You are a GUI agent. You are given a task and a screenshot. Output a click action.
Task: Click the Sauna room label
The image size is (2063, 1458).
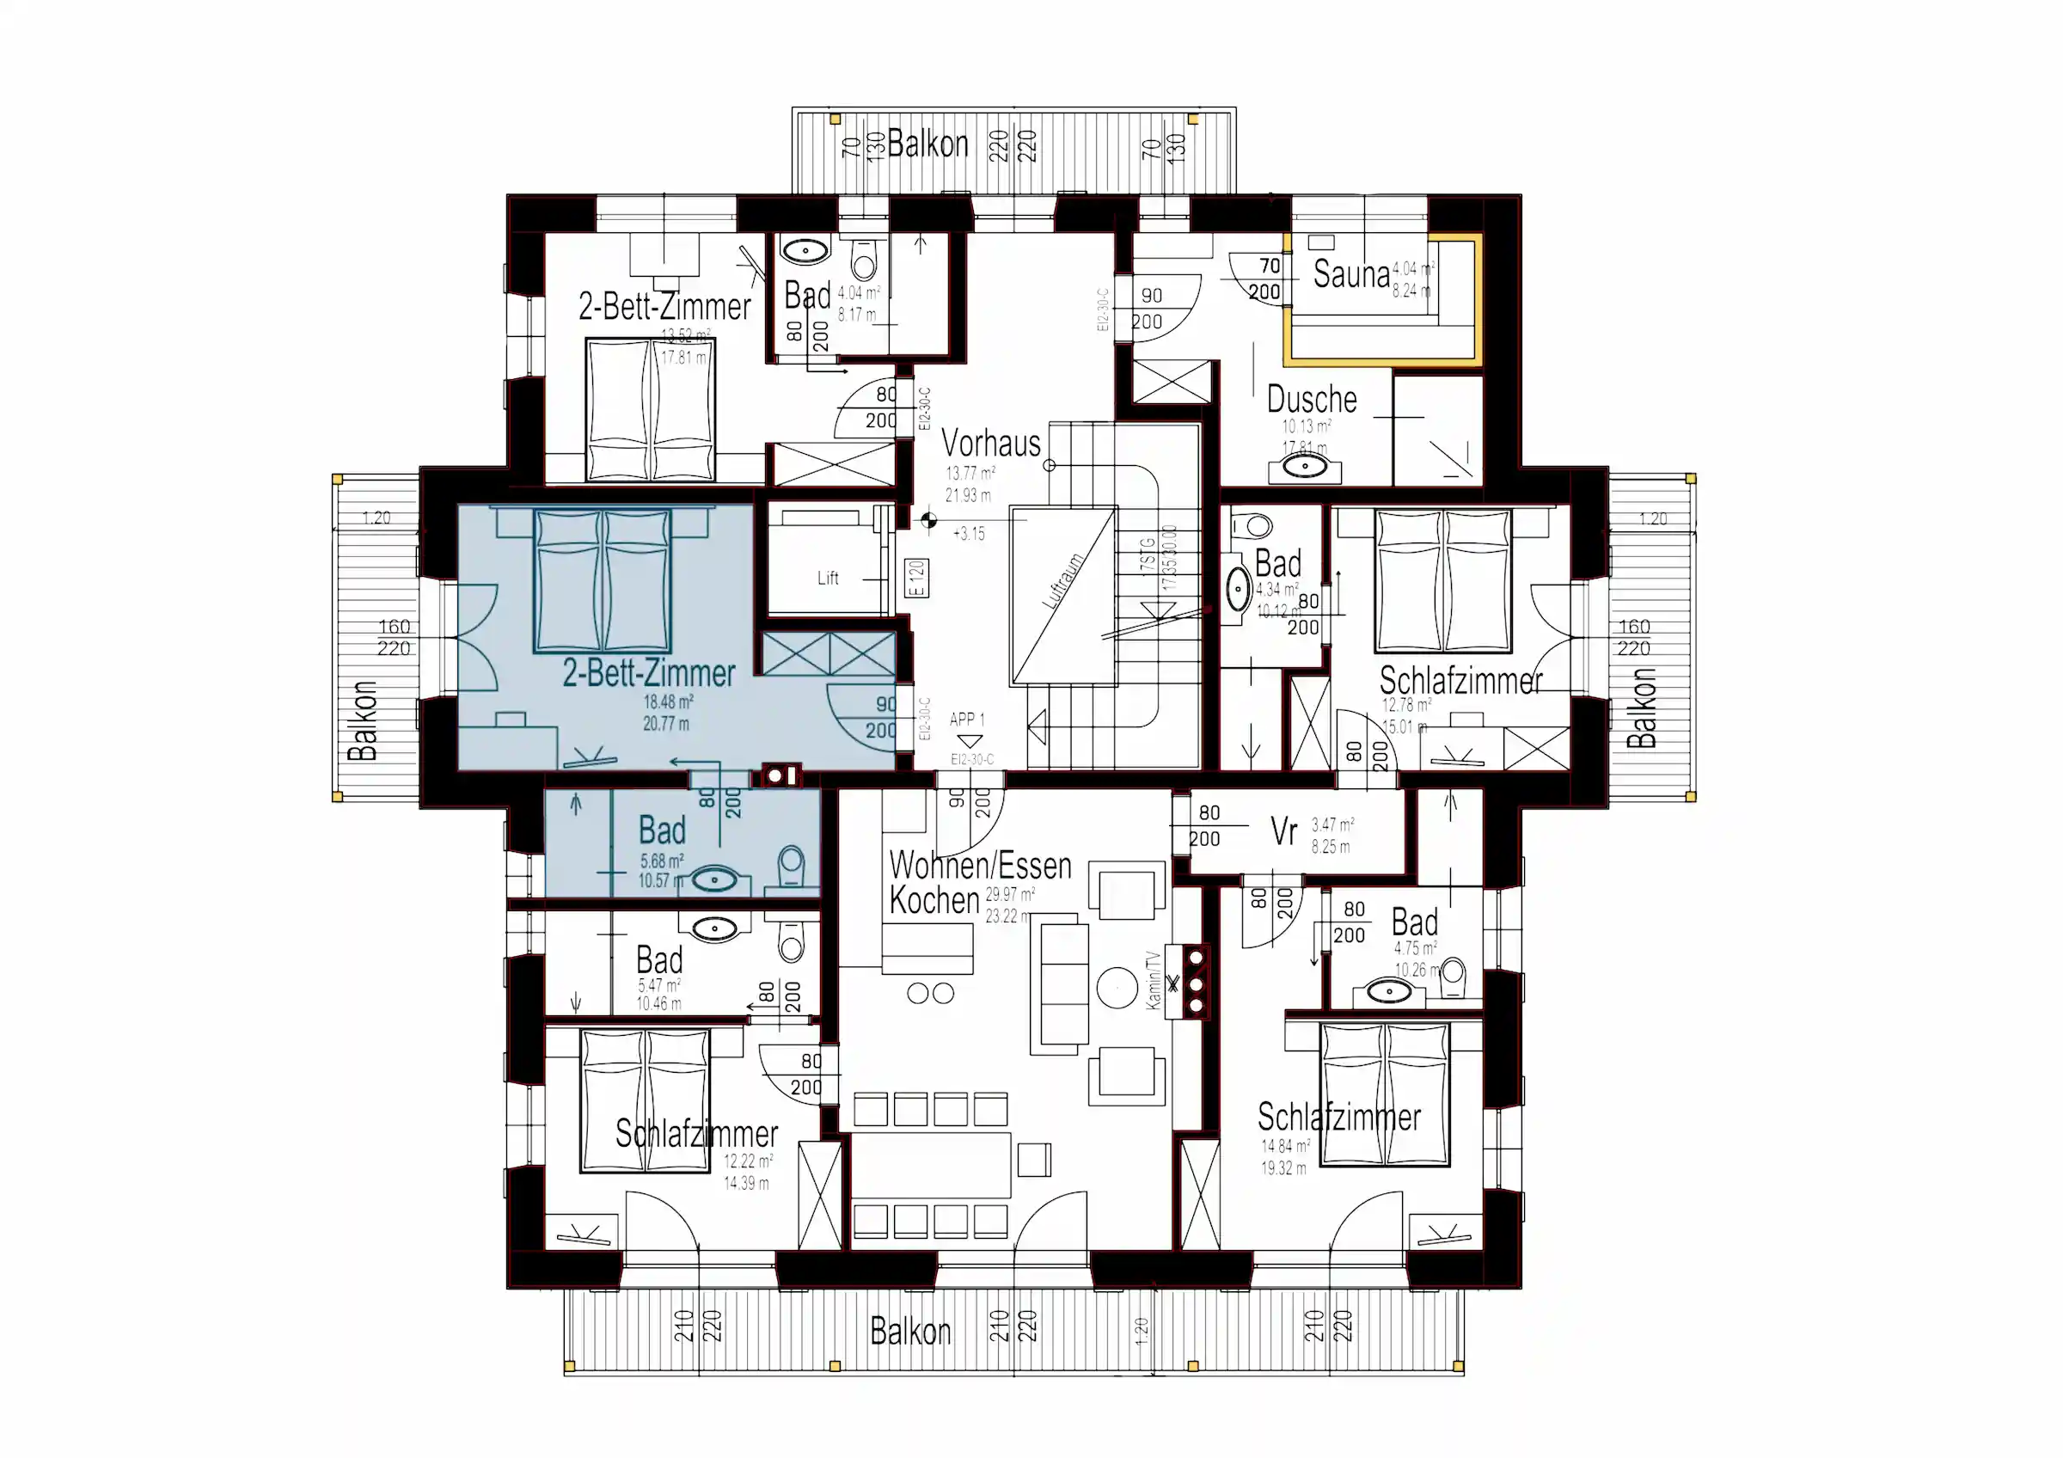point(1350,274)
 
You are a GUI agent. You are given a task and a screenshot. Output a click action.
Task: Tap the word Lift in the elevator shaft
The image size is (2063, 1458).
point(828,578)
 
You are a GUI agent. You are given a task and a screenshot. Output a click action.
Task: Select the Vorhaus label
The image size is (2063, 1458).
point(990,443)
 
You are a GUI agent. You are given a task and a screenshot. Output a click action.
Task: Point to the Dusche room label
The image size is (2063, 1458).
point(1311,398)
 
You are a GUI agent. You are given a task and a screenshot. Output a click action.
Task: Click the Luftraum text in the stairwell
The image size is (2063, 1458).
point(1063,581)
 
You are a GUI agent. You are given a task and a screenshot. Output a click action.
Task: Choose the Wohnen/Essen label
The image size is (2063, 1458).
point(979,865)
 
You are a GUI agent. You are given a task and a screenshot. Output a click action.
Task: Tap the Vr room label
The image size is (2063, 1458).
point(1283,832)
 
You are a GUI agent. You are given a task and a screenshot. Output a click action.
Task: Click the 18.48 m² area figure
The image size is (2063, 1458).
point(668,701)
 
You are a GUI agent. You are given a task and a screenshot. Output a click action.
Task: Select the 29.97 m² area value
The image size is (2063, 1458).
point(1009,894)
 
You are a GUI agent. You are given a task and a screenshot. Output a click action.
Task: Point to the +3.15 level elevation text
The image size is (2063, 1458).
point(969,534)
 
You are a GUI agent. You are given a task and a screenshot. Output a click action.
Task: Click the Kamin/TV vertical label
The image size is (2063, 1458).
point(1153,980)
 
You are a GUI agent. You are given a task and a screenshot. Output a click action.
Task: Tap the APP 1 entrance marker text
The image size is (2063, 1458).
point(967,720)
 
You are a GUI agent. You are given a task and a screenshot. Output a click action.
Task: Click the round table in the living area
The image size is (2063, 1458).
point(1117,988)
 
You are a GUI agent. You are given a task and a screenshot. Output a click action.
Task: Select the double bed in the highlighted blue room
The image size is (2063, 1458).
point(602,579)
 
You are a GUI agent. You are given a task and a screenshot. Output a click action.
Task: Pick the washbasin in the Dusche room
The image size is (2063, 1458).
point(1304,466)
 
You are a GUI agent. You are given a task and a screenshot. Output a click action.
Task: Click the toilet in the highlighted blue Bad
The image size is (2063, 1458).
point(791,867)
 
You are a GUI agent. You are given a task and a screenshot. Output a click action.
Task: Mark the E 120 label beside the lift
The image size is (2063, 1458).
point(915,579)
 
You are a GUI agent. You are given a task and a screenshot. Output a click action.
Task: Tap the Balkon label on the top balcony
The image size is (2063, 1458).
point(927,144)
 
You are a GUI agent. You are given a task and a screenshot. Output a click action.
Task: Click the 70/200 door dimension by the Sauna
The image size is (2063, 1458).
point(1266,279)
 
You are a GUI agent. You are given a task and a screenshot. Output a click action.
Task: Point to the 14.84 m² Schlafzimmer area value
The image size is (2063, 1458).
point(1285,1146)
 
